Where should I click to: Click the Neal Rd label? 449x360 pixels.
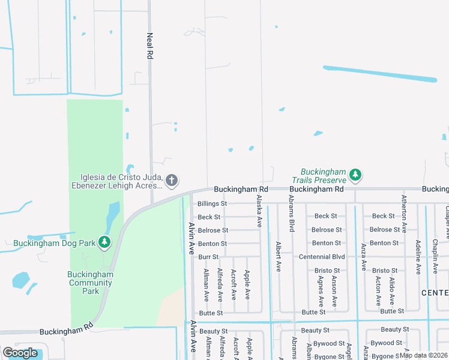click(x=150, y=46)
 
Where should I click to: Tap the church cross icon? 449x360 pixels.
click(x=172, y=179)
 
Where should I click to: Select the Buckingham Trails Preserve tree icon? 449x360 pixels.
click(x=356, y=175)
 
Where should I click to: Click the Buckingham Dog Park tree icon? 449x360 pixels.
click(x=105, y=242)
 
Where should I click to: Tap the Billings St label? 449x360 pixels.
click(x=212, y=203)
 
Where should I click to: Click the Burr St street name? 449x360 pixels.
click(x=208, y=257)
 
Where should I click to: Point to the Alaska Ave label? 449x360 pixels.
click(x=259, y=211)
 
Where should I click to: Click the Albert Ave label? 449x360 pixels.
click(x=279, y=257)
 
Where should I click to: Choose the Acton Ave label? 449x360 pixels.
click(x=378, y=292)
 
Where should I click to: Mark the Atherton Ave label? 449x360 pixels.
click(x=405, y=214)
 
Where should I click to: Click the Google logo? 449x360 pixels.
click(x=20, y=353)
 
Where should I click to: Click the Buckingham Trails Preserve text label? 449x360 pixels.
click(x=319, y=175)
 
